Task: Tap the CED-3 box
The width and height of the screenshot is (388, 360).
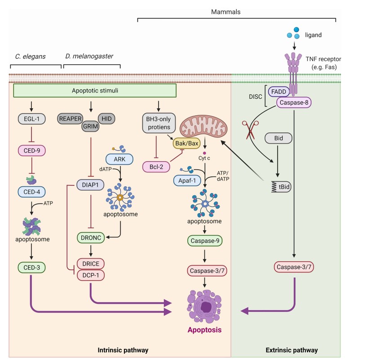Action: pos(31,268)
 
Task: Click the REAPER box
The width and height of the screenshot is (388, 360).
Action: pos(72,119)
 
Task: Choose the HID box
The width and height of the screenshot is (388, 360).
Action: pos(106,119)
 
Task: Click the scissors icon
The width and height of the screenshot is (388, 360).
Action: pos(249,128)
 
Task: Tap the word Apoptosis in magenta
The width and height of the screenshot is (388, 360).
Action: pos(204,331)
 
